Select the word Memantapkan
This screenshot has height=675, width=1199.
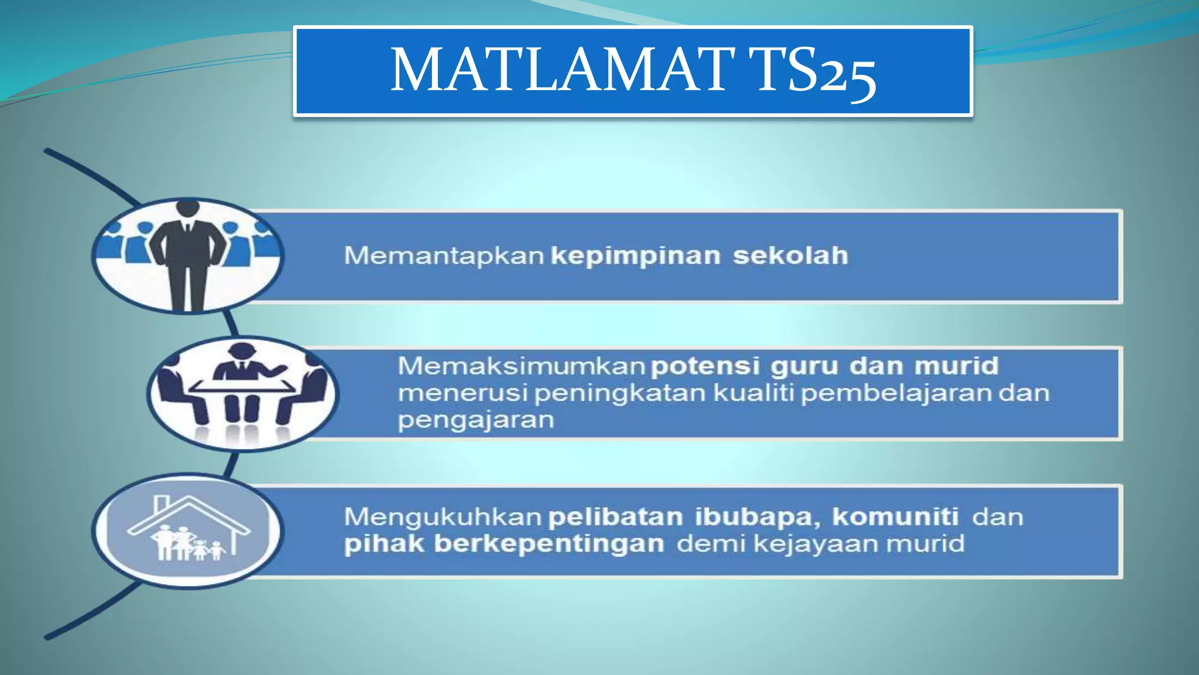444,256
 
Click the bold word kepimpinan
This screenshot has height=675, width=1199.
636,257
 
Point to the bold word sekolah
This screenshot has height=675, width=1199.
790,255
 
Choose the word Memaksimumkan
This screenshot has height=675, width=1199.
521,366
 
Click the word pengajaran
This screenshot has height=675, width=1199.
475,420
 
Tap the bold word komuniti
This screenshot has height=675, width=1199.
895,517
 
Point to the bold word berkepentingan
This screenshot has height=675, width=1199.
549,544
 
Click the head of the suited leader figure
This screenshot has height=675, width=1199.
187,208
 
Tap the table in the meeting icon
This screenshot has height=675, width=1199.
243,386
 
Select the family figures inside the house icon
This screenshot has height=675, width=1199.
187,544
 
